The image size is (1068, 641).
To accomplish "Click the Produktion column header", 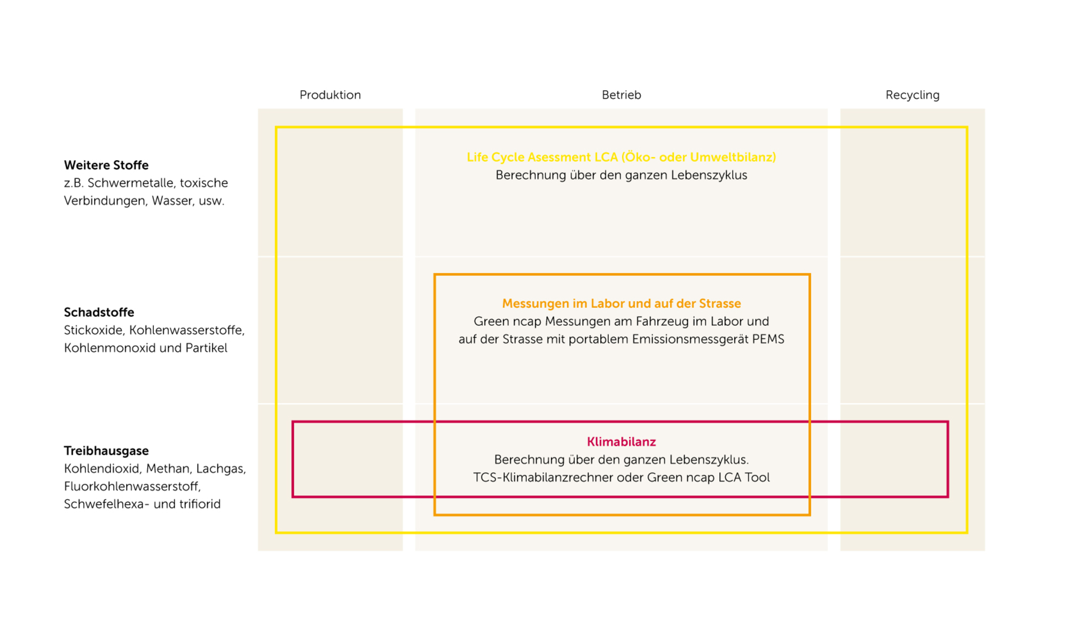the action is pos(330,95).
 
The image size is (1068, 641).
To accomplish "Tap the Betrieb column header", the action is pos(621,95).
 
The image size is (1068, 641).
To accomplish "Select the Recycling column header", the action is pos(912,96).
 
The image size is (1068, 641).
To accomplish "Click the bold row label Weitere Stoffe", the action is pos(106,165).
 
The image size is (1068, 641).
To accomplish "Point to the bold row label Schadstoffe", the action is pos(99,312).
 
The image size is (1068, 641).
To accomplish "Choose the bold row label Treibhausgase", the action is pos(106,451).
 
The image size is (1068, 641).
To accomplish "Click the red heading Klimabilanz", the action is pos(621,442).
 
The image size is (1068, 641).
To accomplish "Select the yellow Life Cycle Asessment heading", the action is pos(621,157).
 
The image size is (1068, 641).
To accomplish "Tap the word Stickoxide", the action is pos(95,330).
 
